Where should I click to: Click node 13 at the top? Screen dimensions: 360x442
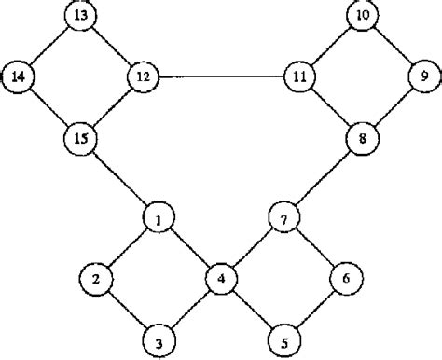82,16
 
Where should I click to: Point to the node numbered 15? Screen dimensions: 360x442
82,138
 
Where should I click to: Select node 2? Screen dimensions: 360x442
96,278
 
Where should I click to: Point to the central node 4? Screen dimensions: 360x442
221,278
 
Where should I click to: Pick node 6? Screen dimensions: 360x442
345,278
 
